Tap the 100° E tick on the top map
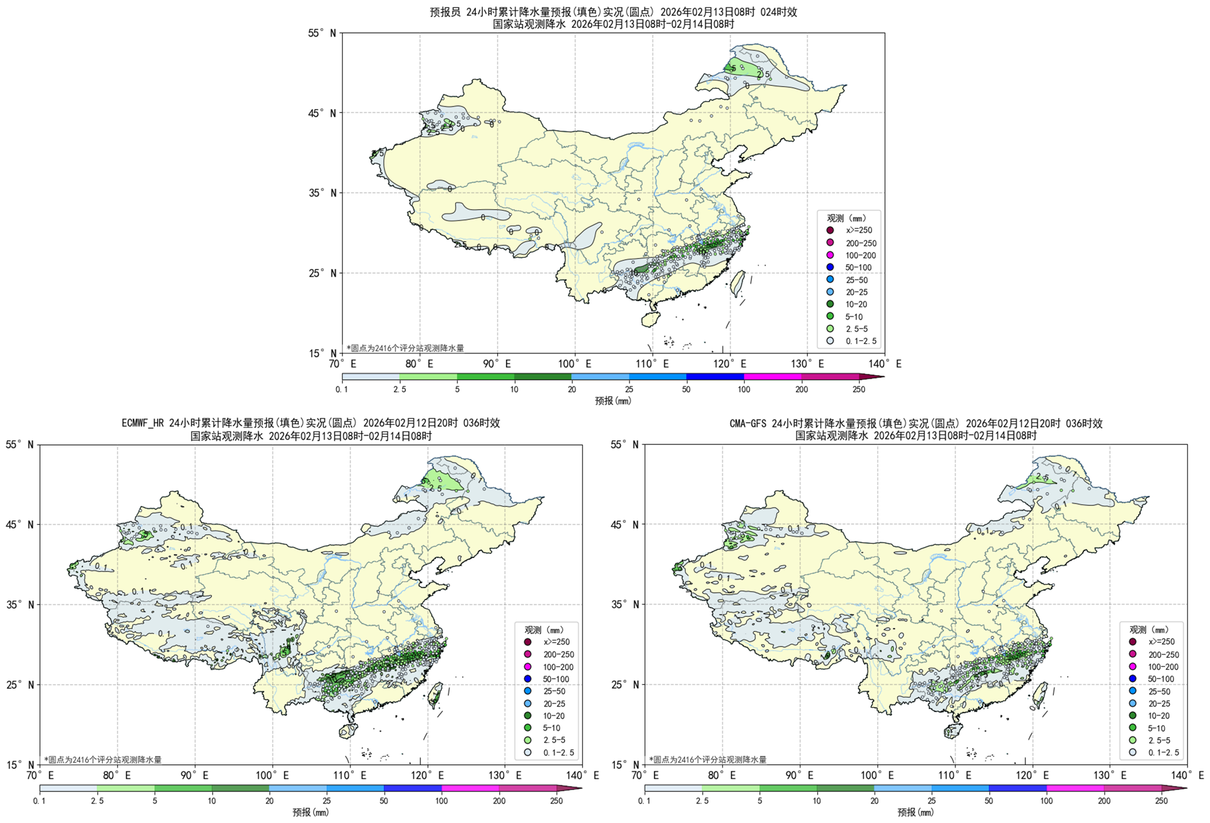pyautogui.click(x=574, y=364)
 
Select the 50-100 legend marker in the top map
pyautogui.click(x=830, y=267)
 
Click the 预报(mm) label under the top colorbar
pyautogui.click(x=613, y=401)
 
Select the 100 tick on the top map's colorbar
pyautogui.click(x=744, y=389)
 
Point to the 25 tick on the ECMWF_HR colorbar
pyautogui.click(x=326, y=801)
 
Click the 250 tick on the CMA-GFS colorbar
pyautogui.click(x=1161, y=801)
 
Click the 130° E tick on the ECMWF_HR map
pyautogui.click(x=505, y=775)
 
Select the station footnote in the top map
pyautogui.click(x=405, y=348)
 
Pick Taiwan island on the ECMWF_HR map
pyautogui.click(x=435, y=694)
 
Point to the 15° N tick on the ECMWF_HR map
pyautogui.click(x=20, y=765)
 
